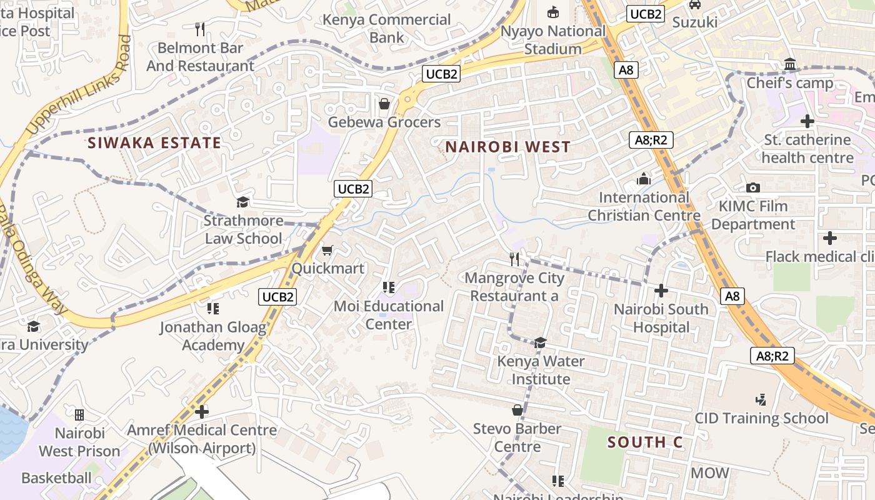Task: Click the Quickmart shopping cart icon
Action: click(326, 251)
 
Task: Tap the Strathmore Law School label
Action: click(243, 229)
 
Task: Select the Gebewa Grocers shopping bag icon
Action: click(384, 104)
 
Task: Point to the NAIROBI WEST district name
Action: click(507, 147)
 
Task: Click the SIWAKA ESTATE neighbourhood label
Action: click(154, 143)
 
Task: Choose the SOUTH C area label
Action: click(644, 442)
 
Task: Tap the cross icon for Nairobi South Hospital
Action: click(661, 291)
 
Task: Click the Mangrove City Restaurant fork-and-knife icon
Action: click(514, 259)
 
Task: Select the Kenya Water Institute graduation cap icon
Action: click(540, 342)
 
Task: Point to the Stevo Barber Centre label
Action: click(517, 437)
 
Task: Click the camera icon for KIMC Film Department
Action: click(753, 187)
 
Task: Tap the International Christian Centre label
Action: click(643, 206)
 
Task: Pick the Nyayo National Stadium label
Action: click(554, 40)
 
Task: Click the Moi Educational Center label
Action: click(389, 315)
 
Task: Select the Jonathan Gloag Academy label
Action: click(213, 336)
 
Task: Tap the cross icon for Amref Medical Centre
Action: click(201, 412)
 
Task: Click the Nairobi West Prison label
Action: click(79, 442)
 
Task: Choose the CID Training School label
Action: click(761, 418)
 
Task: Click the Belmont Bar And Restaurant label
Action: click(201, 57)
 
